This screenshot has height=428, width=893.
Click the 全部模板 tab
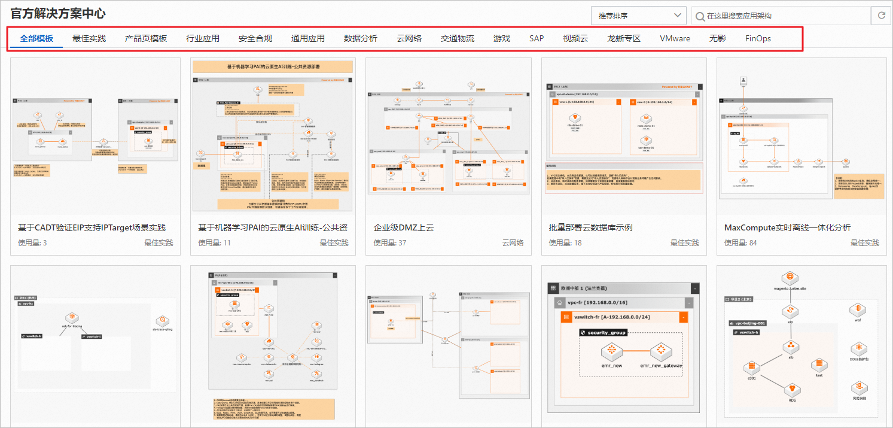click(36, 38)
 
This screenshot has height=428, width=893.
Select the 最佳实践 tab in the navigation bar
click(89, 38)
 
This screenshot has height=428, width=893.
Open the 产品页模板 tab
click(146, 38)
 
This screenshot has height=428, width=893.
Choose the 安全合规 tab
click(255, 38)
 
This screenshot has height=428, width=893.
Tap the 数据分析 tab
click(361, 38)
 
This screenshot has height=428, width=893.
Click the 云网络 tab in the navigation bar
click(409, 38)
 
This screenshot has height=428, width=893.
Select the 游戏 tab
click(502, 38)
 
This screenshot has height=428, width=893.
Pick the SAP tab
click(537, 38)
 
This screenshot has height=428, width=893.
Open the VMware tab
click(675, 38)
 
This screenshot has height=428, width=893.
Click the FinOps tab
click(758, 38)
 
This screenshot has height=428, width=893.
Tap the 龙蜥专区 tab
click(624, 38)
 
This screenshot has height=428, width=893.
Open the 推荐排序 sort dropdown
click(638, 16)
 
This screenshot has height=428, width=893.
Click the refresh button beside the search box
click(881, 16)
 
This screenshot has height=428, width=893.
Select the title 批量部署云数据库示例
click(590, 227)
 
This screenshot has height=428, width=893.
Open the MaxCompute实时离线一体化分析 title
click(787, 227)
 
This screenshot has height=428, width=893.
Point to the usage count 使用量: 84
click(740, 242)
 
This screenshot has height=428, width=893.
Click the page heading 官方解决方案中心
click(58, 13)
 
